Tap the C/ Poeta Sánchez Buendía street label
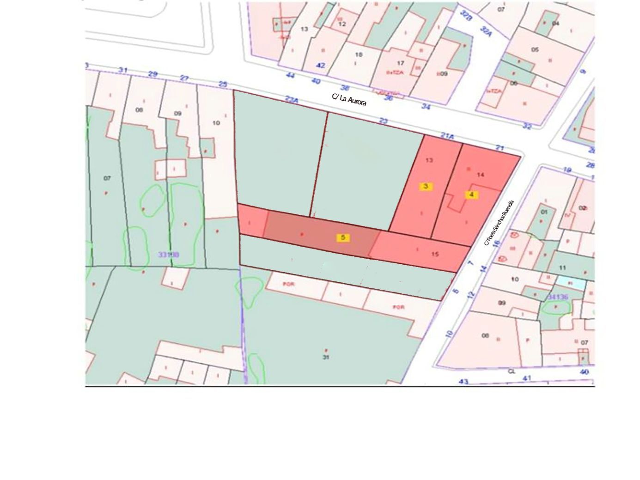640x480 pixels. point(499,223)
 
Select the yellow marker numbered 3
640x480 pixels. point(426,186)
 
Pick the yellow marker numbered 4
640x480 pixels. point(471,194)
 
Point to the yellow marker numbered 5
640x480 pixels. point(343,237)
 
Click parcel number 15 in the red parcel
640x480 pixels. point(435,254)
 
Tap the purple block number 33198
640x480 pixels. point(168,254)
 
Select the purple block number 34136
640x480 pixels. point(557,297)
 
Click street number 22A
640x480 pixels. point(291,99)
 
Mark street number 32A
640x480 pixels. point(486,31)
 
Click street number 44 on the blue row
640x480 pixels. point(291,75)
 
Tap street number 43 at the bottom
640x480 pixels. point(463,382)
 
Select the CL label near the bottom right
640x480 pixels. point(511,371)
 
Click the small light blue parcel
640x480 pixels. point(570,281)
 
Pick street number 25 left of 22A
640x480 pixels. point(223,84)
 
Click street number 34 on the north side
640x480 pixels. point(426,107)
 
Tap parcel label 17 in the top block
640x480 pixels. point(400,63)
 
